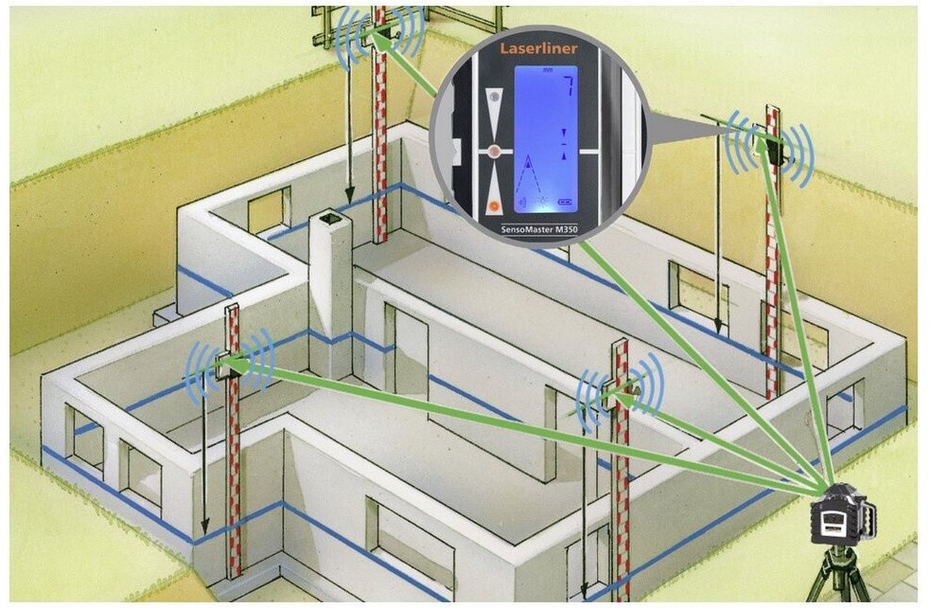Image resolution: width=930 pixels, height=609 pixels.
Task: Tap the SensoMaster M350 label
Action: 540,228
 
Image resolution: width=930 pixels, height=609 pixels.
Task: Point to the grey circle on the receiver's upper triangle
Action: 492,97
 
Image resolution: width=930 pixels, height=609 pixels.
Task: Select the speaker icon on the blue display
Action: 543,201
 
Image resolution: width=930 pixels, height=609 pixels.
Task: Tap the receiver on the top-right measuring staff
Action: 778,149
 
